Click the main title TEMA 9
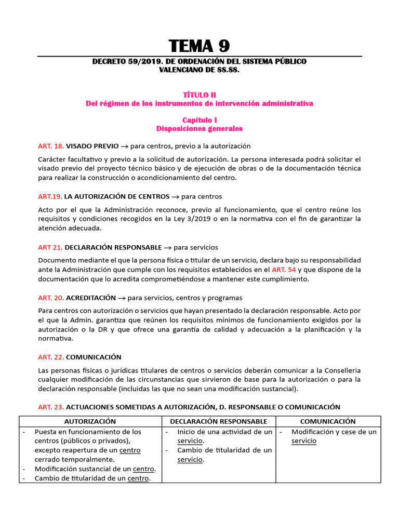tap(199, 45)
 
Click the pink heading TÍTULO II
tap(199, 95)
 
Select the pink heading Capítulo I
tap(199, 119)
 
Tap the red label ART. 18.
tap(51, 146)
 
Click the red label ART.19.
tap(50, 196)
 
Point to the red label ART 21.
tap(50, 247)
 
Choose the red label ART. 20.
tap(51, 298)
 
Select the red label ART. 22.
tap(51, 357)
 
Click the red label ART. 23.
tap(51, 407)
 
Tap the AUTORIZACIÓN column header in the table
tap(90, 421)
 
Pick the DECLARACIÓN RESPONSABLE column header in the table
tap(219, 421)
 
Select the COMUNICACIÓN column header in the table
tap(328, 421)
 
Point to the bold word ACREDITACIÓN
tap(91, 298)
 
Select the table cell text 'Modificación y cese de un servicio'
tap(333, 436)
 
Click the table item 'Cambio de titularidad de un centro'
tap(92, 478)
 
